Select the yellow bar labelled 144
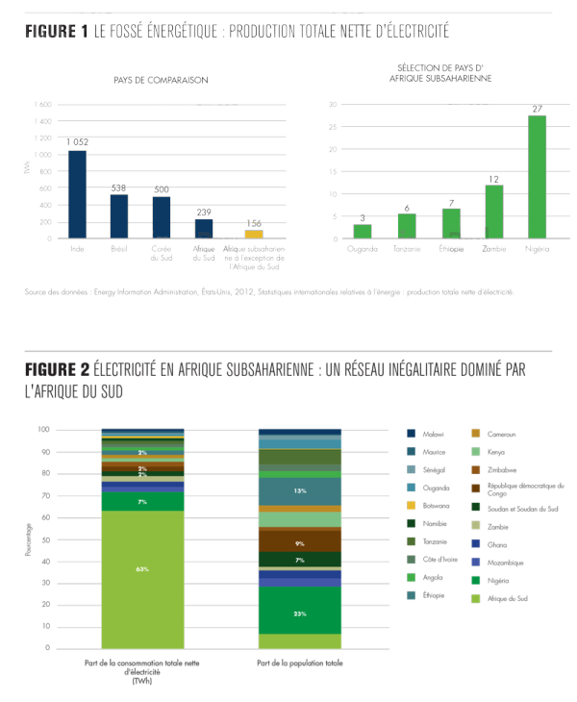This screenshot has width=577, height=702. click(254, 234)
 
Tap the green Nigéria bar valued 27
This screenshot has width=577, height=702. click(537, 177)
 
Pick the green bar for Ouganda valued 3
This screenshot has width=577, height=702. click(363, 231)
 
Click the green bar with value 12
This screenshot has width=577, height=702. click(494, 212)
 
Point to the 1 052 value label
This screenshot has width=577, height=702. click(77, 142)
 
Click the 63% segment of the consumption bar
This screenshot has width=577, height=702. click(142, 569)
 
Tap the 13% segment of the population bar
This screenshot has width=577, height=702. click(300, 490)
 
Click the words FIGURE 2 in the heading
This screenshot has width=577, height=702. click(57, 370)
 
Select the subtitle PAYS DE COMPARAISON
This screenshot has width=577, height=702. click(172, 81)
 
